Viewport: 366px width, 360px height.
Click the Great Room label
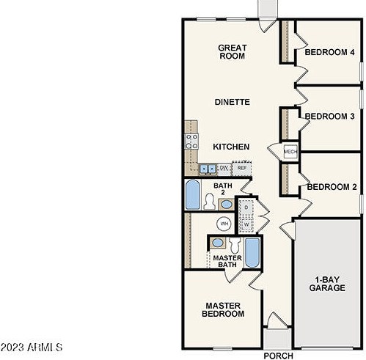click(232, 52)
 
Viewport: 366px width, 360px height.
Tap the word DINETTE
click(233, 102)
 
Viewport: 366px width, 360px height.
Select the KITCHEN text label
click(231, 147)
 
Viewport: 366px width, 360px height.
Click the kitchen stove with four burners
click(191, 142)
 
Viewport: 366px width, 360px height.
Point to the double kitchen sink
click(208, 169)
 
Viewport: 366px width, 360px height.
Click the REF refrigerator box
click(242, 168)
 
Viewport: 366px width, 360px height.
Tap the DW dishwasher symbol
click(224, 169)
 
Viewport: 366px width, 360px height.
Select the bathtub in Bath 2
click(193, 194)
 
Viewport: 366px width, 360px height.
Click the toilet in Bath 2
click(210, 202)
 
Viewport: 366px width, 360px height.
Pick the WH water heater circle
click(224, 224)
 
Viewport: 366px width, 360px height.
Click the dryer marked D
click(246, 207)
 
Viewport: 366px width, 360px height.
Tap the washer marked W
click(246, 224)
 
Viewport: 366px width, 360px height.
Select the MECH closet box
click(290, 152)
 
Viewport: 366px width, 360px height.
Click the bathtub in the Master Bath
click(252, 253)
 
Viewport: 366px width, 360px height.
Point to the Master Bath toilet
click(235, 245)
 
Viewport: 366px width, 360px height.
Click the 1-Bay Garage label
click(327, 284)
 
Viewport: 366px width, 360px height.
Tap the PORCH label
click(278, 356)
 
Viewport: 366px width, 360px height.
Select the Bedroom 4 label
click(329, 52)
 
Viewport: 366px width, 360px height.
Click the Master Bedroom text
click(223, 309)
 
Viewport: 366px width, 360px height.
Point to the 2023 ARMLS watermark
click(32, 348)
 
